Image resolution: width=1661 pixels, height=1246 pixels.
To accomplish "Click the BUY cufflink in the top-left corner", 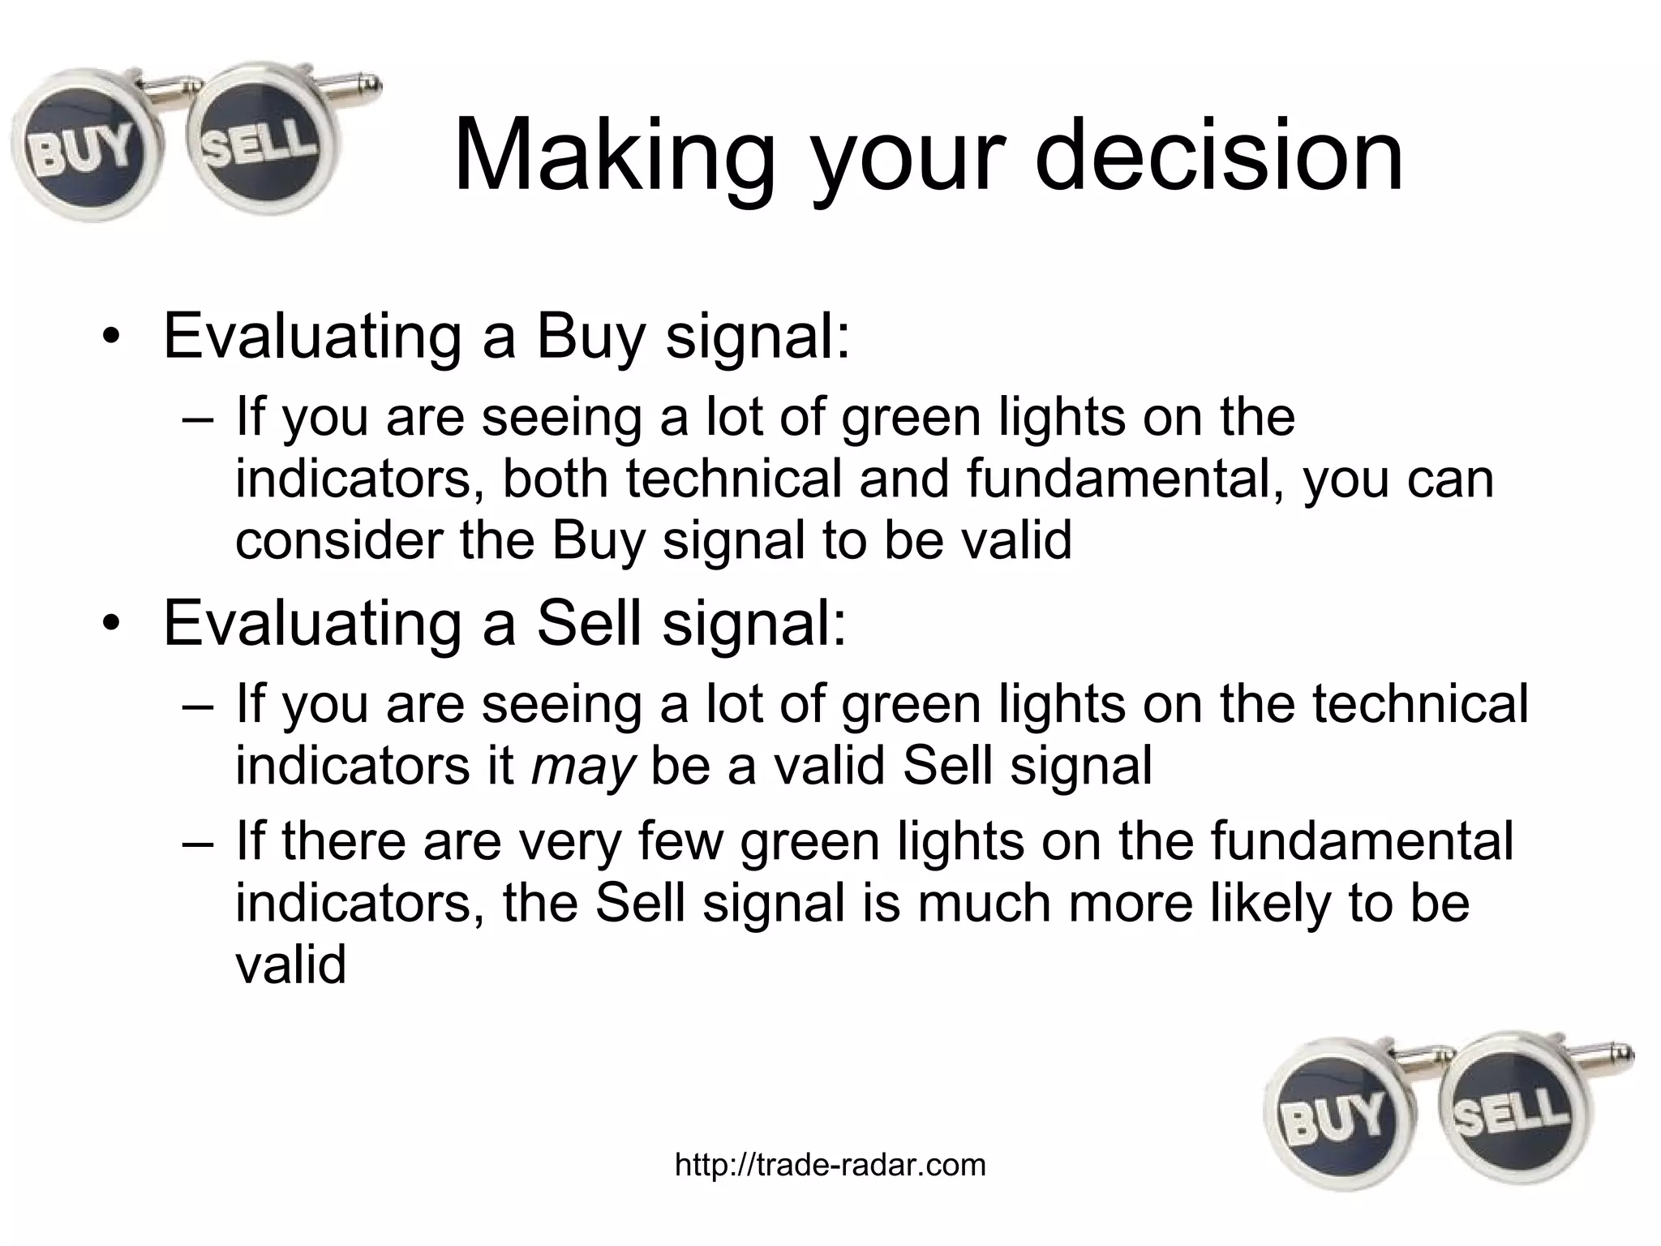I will pyautogui.click(x=81, y=151).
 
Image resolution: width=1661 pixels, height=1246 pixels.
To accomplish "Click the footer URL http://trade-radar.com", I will pyautogui.click(x=830, y=1165).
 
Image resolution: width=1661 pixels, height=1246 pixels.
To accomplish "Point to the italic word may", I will pyautogui.click(x=582, y=765).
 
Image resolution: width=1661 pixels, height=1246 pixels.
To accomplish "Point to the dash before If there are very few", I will pyautogui.click(x=198, y=842).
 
